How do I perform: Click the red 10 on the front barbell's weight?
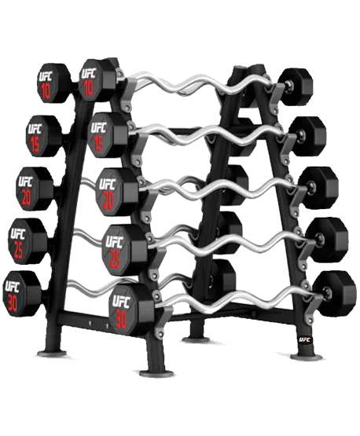(88, 87)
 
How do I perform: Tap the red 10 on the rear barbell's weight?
(46, 90)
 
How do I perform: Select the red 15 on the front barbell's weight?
(98, 143)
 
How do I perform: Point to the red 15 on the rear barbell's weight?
(35, 145)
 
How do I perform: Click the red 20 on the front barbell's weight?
(108, 200)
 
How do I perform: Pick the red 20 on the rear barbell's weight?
(26, 197)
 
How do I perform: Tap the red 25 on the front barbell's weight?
(115, 259)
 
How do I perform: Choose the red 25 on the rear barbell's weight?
(18, 251)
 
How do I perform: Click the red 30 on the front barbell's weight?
(121, 318)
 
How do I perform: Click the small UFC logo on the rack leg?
(305, 339)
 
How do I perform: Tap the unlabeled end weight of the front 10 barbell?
(296, 86)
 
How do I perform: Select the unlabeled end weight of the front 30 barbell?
(334, 294)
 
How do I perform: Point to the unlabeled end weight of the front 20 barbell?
(319, 188)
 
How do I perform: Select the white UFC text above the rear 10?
(46, 76)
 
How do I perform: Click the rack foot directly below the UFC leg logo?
(306, 356)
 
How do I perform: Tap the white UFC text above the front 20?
(108, 184)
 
